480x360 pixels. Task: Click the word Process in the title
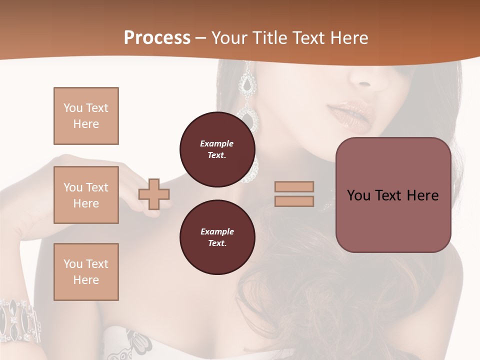click(x=157, y=38)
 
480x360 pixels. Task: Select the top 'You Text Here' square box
click(x=86, y=116)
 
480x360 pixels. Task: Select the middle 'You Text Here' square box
click(x=86, y=195)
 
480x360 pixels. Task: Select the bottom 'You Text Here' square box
click(x=86, y=271)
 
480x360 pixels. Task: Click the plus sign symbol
click(x=154, y=194)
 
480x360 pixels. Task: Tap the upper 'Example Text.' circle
click(x=217, y=149)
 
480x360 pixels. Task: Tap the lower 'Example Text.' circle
click(x=217, y=237)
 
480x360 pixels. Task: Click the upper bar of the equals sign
click(x=294, y=186)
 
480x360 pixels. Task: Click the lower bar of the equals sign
click(x=294, y=201)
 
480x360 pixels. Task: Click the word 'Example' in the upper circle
click(x=217, y=143)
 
